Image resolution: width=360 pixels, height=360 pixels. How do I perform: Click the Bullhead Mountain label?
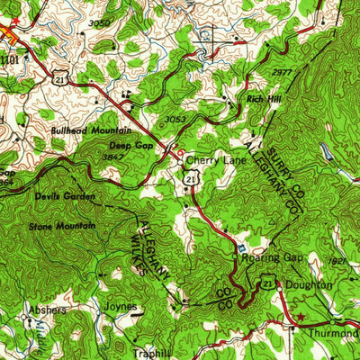click(x=79, y=130)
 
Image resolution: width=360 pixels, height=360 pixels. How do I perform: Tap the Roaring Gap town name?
click(x=267, y=257)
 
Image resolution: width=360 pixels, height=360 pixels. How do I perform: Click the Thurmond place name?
click(x=337, y=331)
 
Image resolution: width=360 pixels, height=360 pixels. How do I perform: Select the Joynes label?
click(x=121, y=306)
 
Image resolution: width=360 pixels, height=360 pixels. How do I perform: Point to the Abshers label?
click(x=47, y=310)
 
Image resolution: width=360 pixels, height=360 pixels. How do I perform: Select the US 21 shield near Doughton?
click(x=267, y=284)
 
